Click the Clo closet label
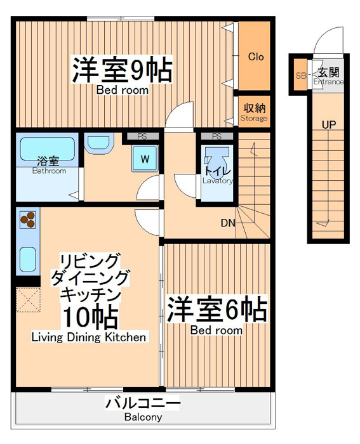[256, 56]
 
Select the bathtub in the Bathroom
[48, 148]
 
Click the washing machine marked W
[145, 159]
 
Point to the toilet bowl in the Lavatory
[217, 160]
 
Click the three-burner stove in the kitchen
[28, 219]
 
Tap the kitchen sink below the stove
[28, 259]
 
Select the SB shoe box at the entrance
[300, 75]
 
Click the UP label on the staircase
[329, 124]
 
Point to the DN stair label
[228, 223]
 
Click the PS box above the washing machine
[142, 136]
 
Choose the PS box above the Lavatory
[217, 136]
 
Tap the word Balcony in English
[143, 417]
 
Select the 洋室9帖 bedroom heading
[123, 70]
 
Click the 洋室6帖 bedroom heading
[217, 310]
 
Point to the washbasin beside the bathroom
[99, 143]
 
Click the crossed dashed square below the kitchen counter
[29, 299]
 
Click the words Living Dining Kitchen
[89, 337]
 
